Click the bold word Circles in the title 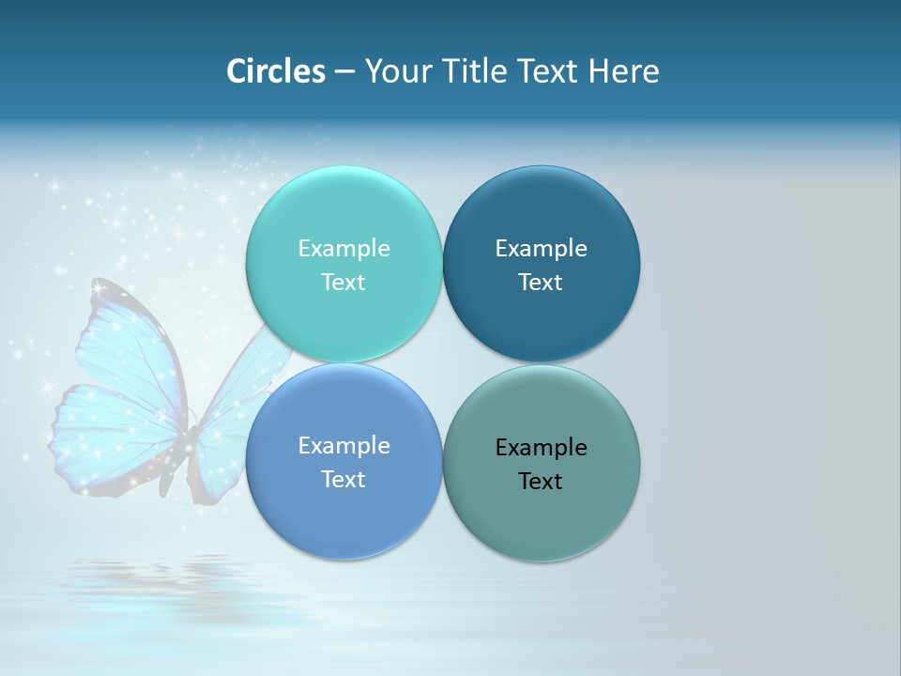coord(276,71)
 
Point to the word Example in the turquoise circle coord(344,249)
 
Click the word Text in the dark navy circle coord(541,283)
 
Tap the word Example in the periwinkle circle coord(344,446)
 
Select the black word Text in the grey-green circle coord(541,482)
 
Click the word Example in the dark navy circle coord(541,249)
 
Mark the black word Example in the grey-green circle coord(541,448)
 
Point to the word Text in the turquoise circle coord(344,283)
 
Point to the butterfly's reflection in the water coord(141,573)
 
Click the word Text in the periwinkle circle coord(344,480)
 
